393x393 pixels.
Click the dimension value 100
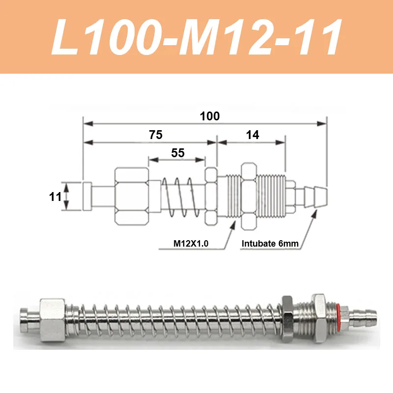pyautogui.click(x=210, y=116)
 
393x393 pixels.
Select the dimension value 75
pyautogui.click(x=156, y=135)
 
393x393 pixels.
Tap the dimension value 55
pyautogui.click(x=178, y=153)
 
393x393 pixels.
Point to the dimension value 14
pyautogui.click(x=253, y=135)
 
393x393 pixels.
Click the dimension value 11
pyautogui.click(x=55, y=197)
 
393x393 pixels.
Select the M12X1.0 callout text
pyautogui.click(x=191, y=243)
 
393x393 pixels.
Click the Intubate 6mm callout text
pyautogui.click(x=270, y=243)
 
